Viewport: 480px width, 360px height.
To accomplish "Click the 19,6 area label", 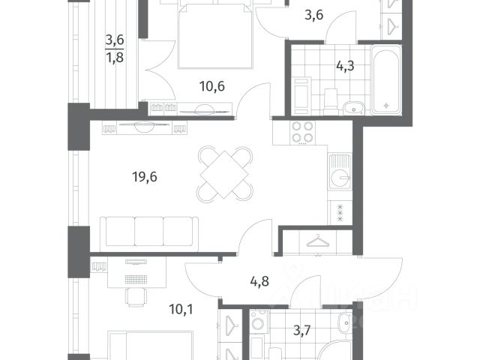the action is click(x=145, y=177).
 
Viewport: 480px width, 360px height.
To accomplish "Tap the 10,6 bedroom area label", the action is click(x=211, y=86).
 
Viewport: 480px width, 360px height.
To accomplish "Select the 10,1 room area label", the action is click(x=181, y=310).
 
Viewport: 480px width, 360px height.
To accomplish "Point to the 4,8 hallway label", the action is click(x=259, y=281).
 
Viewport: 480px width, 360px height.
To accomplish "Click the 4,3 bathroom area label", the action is click(x=345, y=66).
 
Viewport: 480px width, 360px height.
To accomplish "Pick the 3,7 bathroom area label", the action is click(x=301, y=331).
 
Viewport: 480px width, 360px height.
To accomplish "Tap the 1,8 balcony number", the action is click(x=115, y=57).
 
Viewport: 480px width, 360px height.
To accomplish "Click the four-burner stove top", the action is click(x=302, y=133).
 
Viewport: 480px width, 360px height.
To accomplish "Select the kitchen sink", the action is click(x=340, y=172).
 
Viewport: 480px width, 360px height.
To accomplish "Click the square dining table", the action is click(x=224, y=174).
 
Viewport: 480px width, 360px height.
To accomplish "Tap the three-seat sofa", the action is click(x=149, y=231).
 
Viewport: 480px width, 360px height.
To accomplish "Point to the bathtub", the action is click(x=386, y=79).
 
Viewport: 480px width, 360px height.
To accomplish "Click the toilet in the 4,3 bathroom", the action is click(x=331, y=100).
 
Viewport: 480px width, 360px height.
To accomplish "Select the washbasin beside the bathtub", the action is click(x=353, y=108).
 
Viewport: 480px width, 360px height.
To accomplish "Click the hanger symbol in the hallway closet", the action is click(x=317, y=241).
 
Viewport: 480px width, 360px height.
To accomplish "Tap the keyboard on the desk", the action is click(x=136, y=279).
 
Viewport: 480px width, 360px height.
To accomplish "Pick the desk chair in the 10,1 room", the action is click(x=136, y=296).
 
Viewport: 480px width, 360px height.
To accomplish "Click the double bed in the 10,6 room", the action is click(x=215, y=35).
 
